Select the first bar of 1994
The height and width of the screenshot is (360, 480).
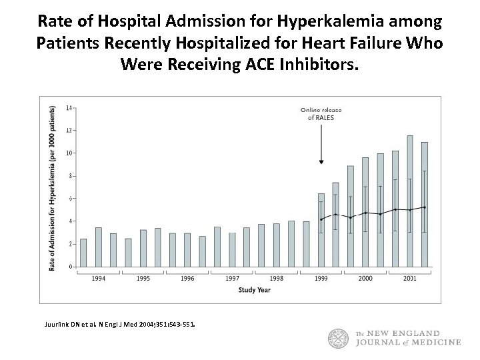[x=83, y=253]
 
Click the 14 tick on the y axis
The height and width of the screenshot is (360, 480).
[x=69, y=107]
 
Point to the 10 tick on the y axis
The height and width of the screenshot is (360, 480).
[x=69, y=153]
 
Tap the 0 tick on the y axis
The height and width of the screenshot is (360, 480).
[x=70, y=267]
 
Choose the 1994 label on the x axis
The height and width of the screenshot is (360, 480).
[x=99, y=278]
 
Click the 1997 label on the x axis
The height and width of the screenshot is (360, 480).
[x=232, y=278]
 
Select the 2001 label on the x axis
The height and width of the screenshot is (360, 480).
[x=410, y=278]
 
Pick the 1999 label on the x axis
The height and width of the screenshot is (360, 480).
[x=321, y=278]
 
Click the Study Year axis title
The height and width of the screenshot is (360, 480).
[x=254, y=290]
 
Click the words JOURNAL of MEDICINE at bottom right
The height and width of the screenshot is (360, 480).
[x=407, y=343]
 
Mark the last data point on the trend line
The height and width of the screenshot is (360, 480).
[x=425, y=207]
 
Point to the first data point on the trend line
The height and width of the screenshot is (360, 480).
[x=321, y=219]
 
